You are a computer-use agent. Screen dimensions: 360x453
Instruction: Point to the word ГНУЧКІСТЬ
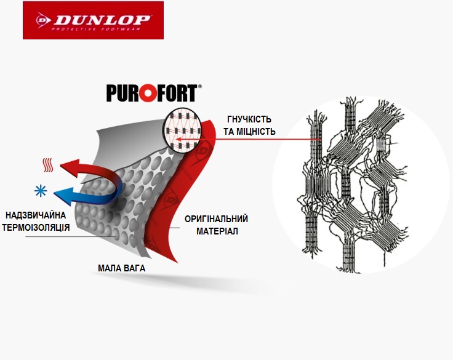pos(249,119)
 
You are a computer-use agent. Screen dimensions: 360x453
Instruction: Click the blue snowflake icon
pos(44,191)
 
